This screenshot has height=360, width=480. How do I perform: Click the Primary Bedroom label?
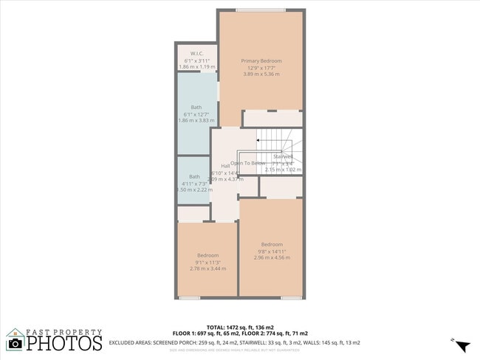261,60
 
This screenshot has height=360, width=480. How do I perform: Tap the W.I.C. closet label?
197,54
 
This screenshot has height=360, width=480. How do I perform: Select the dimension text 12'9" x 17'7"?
261,68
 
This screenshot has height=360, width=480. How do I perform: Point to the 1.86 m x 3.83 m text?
196,120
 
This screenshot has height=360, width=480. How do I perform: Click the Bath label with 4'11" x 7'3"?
194,176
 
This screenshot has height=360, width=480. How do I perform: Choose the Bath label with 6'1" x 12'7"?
196,107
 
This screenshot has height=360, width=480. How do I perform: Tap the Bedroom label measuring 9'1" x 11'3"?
208,255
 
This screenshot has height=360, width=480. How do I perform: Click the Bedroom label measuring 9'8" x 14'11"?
272,244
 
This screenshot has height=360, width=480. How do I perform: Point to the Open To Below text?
247,163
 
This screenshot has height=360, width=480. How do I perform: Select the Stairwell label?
283,156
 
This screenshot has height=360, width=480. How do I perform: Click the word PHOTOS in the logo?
65,343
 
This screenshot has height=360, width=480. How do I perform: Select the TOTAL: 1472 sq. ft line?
240,327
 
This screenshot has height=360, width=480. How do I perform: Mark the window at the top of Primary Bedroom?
261,10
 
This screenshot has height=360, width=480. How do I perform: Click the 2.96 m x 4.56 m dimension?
272,257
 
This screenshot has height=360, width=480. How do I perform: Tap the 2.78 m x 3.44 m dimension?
208,269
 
